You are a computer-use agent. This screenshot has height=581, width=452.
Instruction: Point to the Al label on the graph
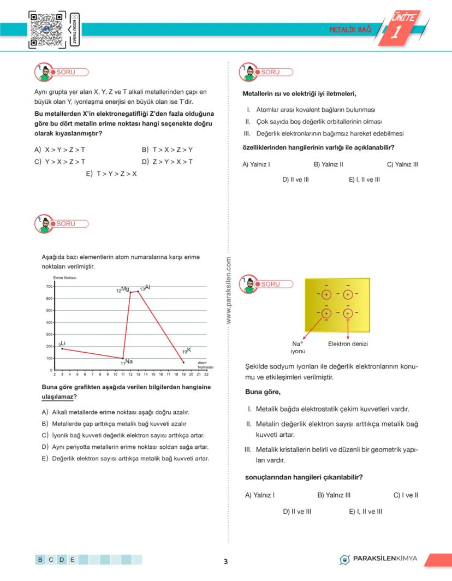point(145,288)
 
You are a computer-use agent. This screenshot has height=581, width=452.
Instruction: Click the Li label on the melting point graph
point(62,343)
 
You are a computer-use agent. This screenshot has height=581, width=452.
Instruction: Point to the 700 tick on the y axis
point(49,287)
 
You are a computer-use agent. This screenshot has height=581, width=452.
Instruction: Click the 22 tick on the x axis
point(206,375)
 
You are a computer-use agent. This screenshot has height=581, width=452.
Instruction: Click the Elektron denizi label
point(348,344)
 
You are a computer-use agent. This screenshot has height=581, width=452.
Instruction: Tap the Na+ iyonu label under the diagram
point(298,347)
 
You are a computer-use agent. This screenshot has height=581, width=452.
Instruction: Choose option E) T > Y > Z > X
point(111,174)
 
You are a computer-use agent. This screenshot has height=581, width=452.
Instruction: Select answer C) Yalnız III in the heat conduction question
point(402,164)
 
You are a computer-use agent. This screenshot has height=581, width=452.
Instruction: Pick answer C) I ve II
point(406,495)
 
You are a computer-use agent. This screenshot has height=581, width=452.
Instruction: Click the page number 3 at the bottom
point(225,561)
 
